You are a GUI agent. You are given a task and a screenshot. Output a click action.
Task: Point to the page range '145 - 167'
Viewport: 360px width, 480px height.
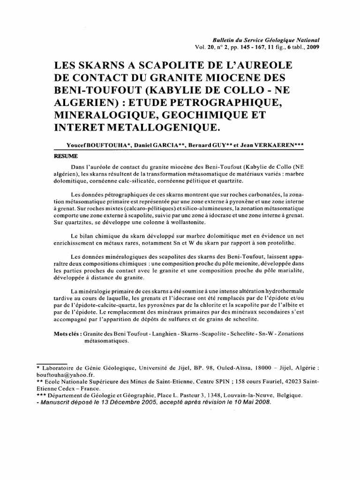(248, 48)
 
